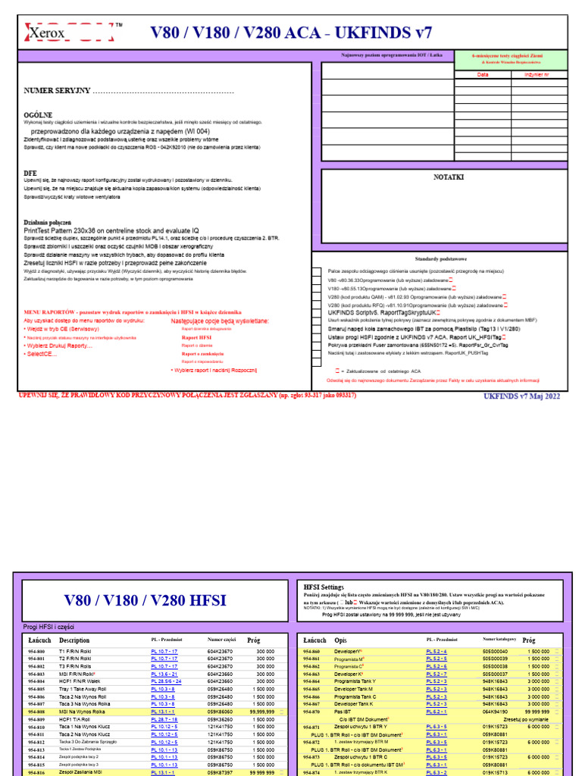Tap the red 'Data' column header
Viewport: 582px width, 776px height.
[483, 75]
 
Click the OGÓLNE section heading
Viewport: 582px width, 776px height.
[38, 114]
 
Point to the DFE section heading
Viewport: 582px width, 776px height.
[30, 173]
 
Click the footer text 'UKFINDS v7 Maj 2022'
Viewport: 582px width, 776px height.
[521, 396]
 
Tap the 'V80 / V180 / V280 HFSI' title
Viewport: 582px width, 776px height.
[145, 601]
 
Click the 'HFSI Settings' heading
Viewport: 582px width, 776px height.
[324, 587]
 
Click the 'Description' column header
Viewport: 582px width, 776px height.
[74, 640]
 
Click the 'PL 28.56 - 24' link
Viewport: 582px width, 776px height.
[166, 681]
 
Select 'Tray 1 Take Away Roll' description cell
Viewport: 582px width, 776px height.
[86, 689]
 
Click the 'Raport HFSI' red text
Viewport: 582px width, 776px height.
[196, 338]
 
